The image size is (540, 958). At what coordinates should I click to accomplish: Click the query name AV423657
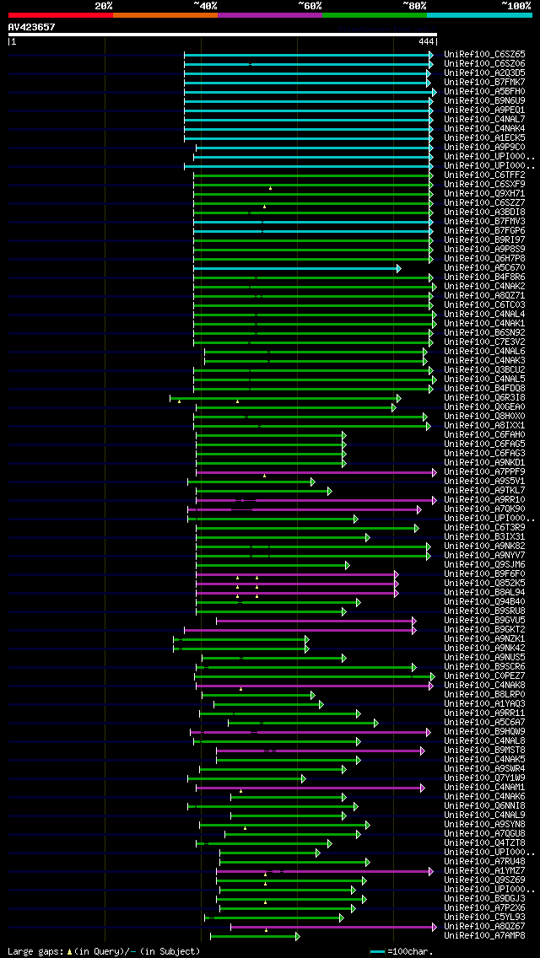(x=31, y=27)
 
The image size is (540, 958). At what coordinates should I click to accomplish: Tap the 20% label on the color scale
(x=104, y=5)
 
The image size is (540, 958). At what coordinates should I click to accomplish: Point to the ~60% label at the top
(x=310, y=5)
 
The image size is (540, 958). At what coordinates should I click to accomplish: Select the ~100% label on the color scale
(x=516, y=5)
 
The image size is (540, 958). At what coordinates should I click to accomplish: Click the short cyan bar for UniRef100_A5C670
(x=296, y=268)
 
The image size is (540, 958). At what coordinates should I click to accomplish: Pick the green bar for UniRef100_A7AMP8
(x=253, y=936)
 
